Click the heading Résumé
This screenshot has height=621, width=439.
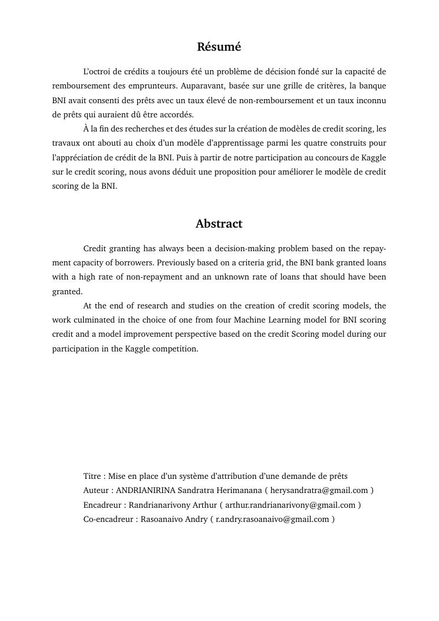pos(219,47)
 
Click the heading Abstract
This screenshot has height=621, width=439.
pos(219,224)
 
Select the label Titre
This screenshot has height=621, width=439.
pos(93,477)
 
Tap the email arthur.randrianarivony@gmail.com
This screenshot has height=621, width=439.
pos(291,505)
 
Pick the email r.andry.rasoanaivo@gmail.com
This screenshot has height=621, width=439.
pos(272,520)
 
